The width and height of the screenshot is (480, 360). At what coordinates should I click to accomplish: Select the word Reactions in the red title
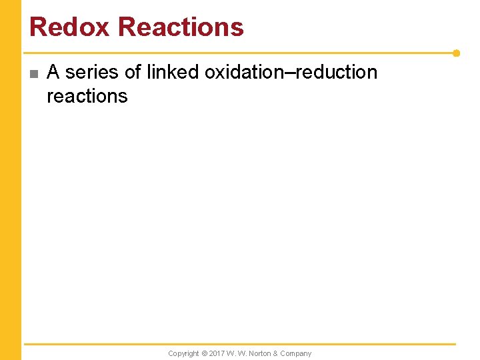181,27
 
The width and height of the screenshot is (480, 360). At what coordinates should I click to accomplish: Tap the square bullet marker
33,73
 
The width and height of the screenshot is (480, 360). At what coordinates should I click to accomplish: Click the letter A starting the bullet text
53,72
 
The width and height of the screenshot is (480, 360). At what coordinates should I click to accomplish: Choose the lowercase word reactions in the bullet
87,96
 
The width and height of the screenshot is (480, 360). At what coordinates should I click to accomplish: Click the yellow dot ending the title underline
457,53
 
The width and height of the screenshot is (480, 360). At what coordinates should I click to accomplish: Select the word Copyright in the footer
183,353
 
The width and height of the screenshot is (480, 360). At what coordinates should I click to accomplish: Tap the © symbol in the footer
205,353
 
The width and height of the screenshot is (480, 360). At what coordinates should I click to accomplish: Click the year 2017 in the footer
217,353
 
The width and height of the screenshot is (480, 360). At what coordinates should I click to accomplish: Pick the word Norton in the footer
263,353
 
